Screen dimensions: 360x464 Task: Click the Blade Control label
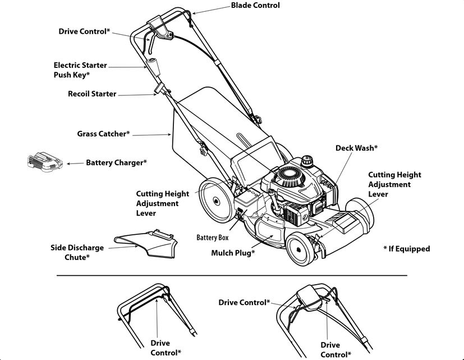click(255, 6)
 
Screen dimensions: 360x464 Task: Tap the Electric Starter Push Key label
click(80, 70)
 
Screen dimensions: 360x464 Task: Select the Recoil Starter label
click(92, 94)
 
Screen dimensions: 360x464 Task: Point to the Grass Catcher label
click(103, 134)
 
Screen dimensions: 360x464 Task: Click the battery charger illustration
click(44, 162)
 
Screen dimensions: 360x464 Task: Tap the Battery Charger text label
click(116, 163)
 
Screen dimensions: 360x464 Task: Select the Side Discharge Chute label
click(77, 252)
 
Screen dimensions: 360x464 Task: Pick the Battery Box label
click(212, 238)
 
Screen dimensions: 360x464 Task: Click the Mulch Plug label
click(233, 253)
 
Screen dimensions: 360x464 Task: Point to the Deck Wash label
click(356, 148)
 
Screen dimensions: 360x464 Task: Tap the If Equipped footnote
click(406, 249)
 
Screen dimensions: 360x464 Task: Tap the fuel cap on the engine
click(307, 160)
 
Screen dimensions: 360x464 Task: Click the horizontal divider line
click(232, 276)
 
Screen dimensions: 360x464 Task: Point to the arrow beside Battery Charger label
click(74, 163)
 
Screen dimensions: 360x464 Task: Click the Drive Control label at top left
click(84, 31)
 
